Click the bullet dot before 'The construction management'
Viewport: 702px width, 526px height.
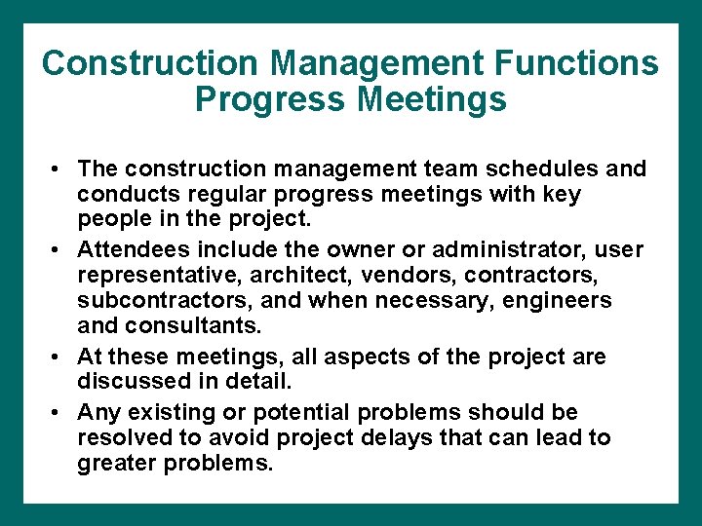pyautogui.click(x=59, y=169)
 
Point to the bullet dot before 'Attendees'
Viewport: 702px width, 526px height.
pyautogui.click(x=59, y=251)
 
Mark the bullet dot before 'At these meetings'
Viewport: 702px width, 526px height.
pyautogui.click(x=59, y=357)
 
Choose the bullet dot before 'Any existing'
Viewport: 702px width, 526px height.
pyautogui.click(x=59, y=413)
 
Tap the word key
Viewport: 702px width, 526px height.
pyautogui.click(x=561, y=194)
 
